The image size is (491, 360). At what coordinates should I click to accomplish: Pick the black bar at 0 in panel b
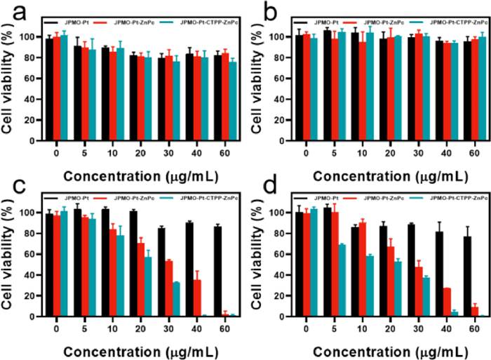click(x=299, y=88)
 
